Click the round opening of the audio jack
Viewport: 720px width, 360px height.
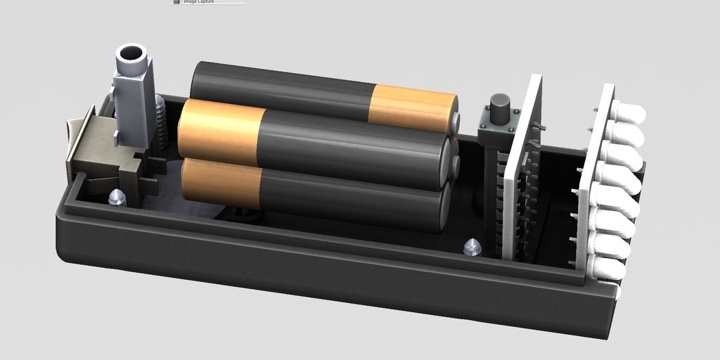[x=131, y=53]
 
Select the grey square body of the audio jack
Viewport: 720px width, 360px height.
[x=134, y=105]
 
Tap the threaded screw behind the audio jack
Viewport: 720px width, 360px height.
[x=161, y=123]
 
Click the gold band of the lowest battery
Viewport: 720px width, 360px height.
[x=221, y=184]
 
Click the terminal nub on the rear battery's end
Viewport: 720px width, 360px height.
[x=456, y=124]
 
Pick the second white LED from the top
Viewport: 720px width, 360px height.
[x=626, y=133]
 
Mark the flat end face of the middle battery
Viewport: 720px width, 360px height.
[x=444, y=162]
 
